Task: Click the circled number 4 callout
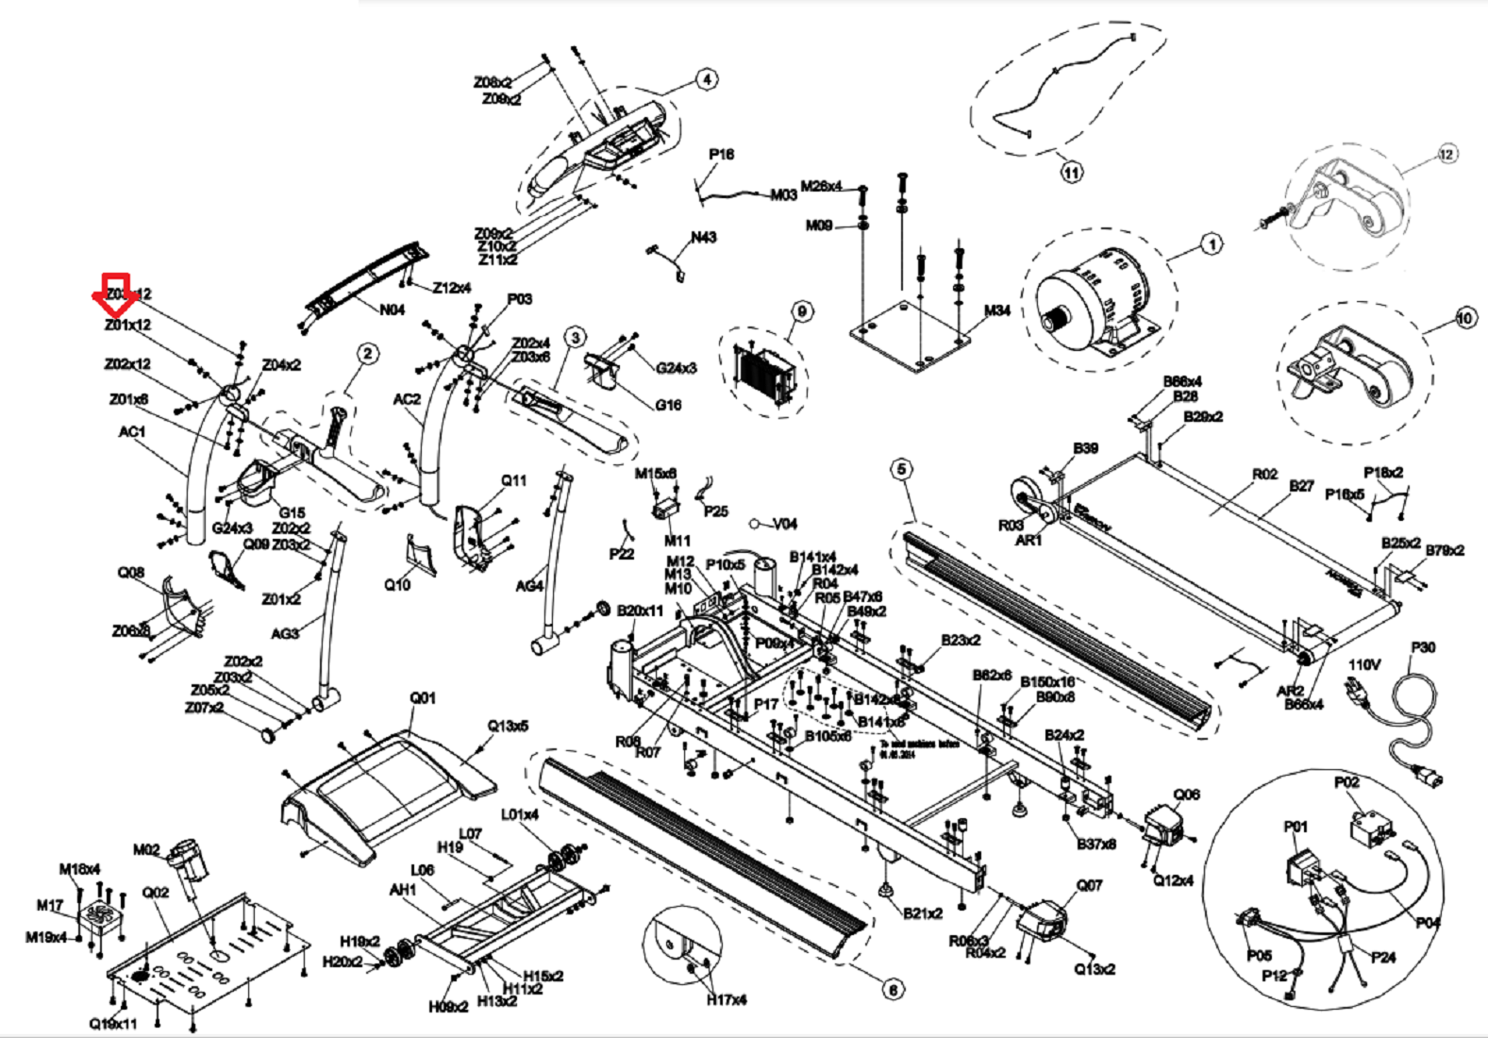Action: pyautogui.click(x=707, y=80)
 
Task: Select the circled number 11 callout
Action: pyautogui.click(x=1071, y=173)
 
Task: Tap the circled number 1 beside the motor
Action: pyautogui.click(x=1212, y=244)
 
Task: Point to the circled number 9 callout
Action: pyautogui.click(x=801, y=311)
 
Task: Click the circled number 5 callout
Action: pyautogui.click(x=902, y=469)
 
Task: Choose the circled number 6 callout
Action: pyautogui.click(x=893, y=989)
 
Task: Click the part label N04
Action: pyautogui.click(x=392, y=310)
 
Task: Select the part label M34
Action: pyautogui.click(x=996, y=310)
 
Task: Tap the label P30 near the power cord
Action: pyautogui.click(x=1423, y=647)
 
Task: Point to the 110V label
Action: pyautogui.click(x=1363, y=664)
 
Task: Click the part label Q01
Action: pyautogui.click(x=423, y=698)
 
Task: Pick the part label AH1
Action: pyautogui.click(x=403, y=890)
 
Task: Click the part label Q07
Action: pyautogui.click(x=1089, y=885)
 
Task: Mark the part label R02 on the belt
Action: pyautogui.click(x=1264, y=475)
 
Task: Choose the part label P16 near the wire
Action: pyautogui.click(x=721, y=155)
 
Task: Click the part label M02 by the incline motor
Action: pyautogui.click(x=146, y=849)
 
